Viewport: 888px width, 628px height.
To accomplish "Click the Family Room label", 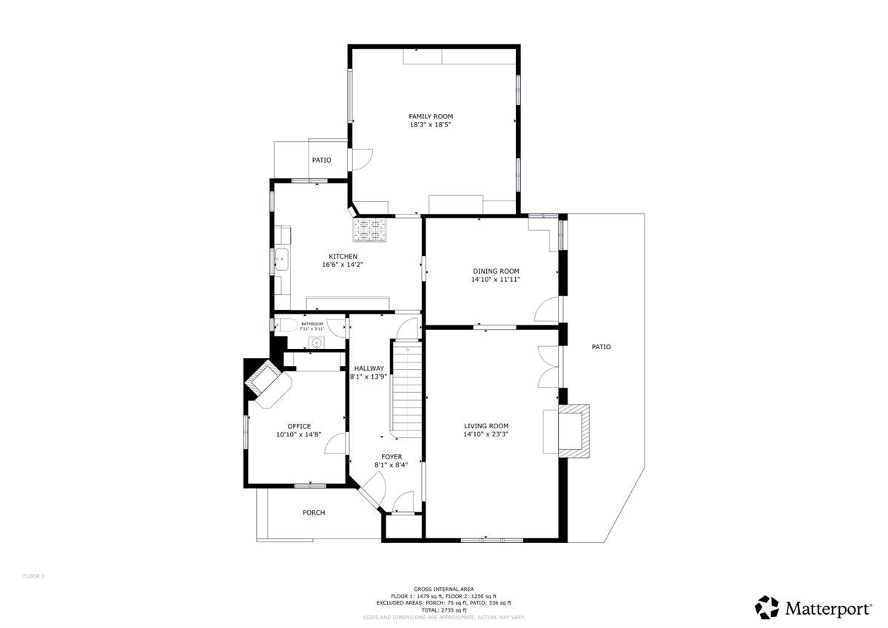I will tap(431, 116).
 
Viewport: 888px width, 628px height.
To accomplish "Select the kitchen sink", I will tap(282, 259).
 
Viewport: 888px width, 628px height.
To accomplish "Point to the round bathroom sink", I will tap(316, 342).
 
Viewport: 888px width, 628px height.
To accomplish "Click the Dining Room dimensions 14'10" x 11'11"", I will tap(496, 280).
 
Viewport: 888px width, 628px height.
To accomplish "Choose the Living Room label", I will tap(486, 425).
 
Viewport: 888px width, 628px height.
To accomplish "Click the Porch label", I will tap(314, 513).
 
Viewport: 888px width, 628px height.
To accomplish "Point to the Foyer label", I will tap(391, 456).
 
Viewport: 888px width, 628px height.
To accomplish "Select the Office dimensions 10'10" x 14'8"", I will tap(299, 435).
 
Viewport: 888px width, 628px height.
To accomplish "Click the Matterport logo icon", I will tap(767, 607).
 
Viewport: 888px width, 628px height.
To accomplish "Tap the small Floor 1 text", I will tap(33, 575).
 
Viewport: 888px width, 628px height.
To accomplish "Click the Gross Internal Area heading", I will tap(443, 589).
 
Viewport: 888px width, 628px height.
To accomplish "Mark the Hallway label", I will tap(369, 368).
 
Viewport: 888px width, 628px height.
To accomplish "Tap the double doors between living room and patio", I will tap(549, 366).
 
